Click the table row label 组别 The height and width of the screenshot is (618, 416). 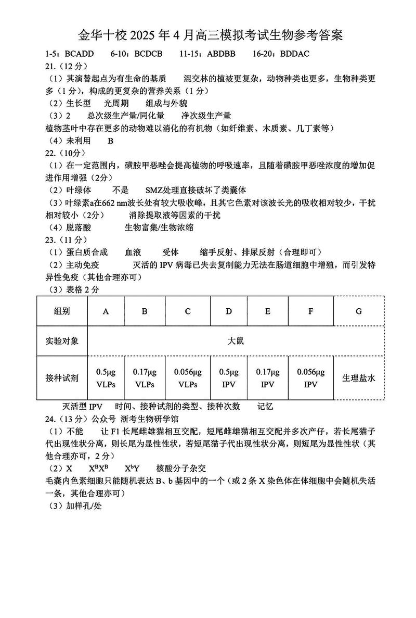(x=62, y=311)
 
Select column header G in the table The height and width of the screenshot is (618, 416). (x=358, y=311)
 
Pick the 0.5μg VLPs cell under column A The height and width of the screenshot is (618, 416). (x=106, y=379)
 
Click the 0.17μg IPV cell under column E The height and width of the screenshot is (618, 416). (x=267, y=379)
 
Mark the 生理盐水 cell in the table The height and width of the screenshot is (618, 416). (x=358, y=379)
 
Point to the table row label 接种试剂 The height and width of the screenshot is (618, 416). (x=62, y=379)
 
